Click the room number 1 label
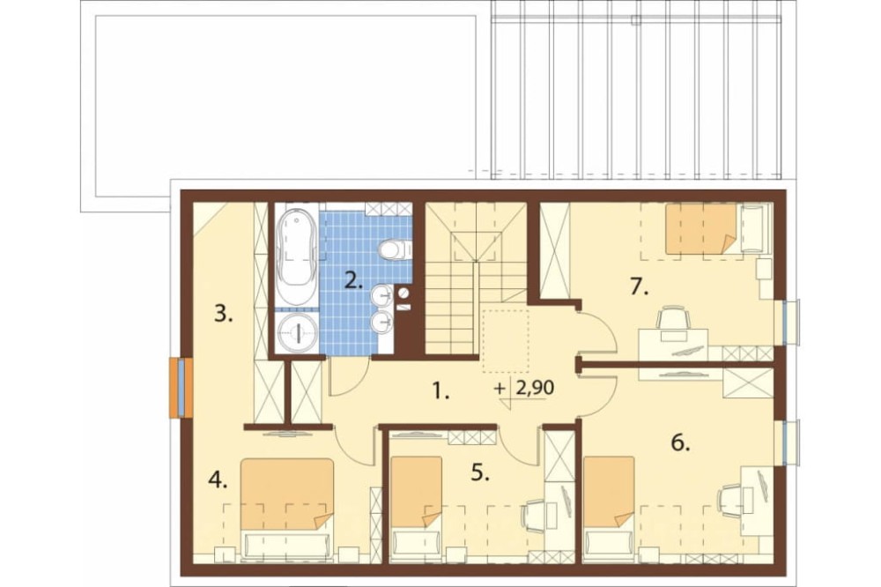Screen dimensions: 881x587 coord(441,390)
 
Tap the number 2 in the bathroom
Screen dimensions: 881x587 coord(353,279)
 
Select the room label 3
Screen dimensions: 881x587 coord(223,314)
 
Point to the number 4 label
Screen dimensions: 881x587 coord(218,479)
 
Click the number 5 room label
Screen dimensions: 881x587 coord(480,472)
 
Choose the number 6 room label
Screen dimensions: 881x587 coord(680,443)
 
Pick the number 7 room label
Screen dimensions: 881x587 coord(640,286)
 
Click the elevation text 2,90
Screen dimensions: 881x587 coord(531,388)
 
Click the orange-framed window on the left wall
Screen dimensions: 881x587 coord(181,388)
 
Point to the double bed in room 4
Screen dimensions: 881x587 coord(287,508)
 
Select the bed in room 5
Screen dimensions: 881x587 coord(417,507)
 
